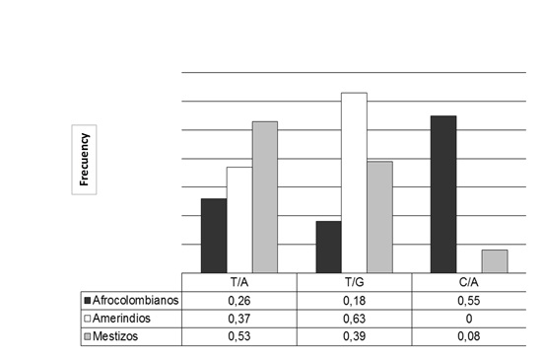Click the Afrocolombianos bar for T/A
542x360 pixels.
pos(214,236)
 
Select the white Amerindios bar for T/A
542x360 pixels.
pos(239,220)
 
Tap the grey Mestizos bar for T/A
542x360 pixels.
pos(265,197)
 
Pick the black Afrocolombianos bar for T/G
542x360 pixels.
pos(328,247)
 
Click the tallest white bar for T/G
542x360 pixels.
pos(354,182)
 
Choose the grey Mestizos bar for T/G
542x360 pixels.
pos(379,217)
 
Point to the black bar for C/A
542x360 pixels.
pos(443,194)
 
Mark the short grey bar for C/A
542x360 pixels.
pos(495,261)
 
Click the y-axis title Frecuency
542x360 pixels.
pos(85,159)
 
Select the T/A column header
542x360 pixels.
pos(239,282)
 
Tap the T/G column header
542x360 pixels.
pos(354,282)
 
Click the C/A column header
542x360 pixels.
pos(469,282)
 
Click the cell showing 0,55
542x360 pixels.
pos(469,301)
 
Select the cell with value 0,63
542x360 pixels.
pos(354,320)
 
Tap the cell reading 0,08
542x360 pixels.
pos(469,338)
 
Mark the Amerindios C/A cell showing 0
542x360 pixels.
pos(469,320)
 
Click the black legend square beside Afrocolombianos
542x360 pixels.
pos(89,301)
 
